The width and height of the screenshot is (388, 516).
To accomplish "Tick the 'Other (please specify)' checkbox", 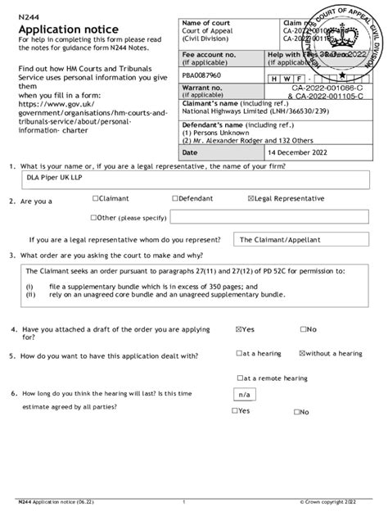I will pos(96,219).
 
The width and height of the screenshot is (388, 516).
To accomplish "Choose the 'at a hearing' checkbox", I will pos(238,354).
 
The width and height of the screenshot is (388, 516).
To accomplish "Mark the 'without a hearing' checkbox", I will pos(303,354).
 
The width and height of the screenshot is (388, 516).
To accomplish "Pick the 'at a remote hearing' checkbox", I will pos(238,378).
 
